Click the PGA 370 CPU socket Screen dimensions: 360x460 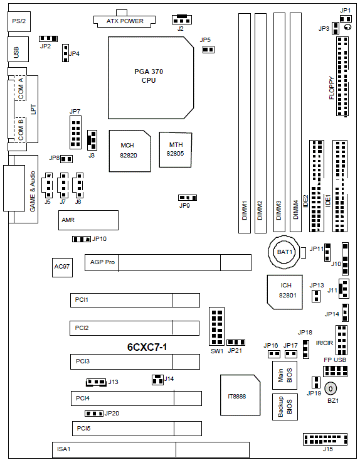[151, 78]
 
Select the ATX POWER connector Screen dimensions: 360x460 [125, 19]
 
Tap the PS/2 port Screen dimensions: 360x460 [19, 21]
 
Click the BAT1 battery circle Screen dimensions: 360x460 [284, 252]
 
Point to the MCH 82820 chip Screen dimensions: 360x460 [130, 151]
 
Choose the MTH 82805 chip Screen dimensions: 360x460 [176, 149]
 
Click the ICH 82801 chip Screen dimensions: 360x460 [285, 292]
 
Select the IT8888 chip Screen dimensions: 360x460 [240, 395]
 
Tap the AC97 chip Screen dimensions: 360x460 [62, 267]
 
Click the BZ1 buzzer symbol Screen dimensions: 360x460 [331, 388]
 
